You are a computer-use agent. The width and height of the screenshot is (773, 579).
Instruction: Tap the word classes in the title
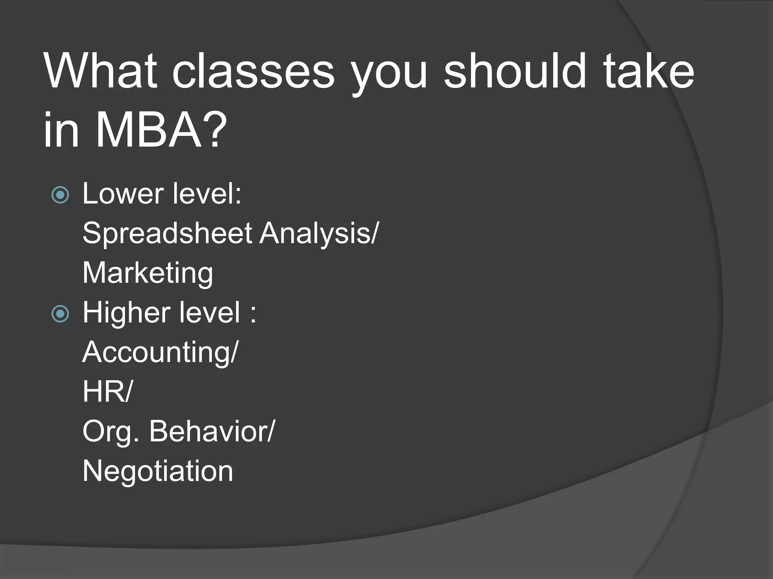coord(253,72)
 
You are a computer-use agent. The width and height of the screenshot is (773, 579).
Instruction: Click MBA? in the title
coord(161,130)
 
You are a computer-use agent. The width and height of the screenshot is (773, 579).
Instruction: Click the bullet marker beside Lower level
coord(60,195)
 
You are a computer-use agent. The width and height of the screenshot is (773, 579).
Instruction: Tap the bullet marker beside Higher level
coord(60,314)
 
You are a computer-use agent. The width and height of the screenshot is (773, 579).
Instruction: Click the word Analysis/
coord(319,234)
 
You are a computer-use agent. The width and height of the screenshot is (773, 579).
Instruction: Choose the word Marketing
coord(148,273)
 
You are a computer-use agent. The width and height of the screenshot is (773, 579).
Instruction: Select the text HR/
coord(108,392)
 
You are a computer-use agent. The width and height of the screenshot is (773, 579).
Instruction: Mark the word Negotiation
coord(158,471)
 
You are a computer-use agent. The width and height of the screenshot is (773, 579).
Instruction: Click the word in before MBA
coord(61,130)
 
